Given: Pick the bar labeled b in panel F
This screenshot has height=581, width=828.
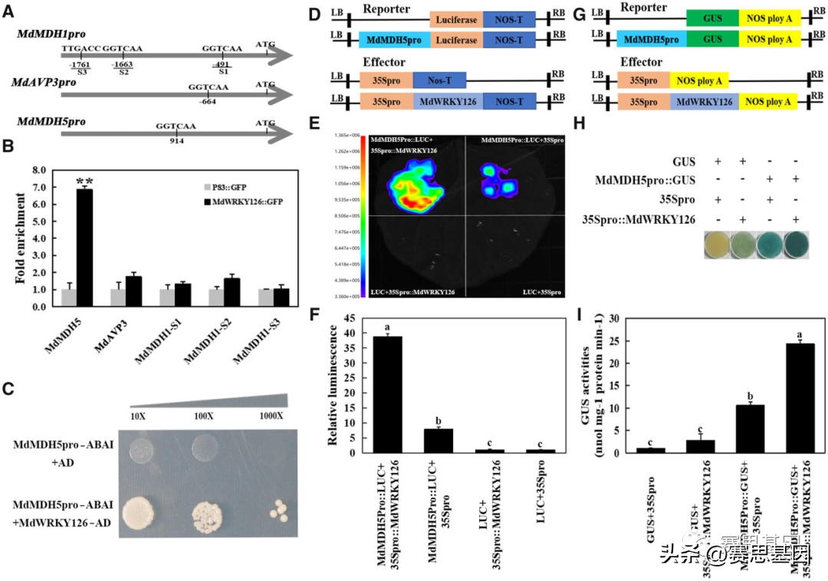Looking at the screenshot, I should [438, 441].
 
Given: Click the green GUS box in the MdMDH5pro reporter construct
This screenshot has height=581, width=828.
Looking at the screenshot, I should [712, 38].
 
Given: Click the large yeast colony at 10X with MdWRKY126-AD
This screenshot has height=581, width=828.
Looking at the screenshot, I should [140, 510].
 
